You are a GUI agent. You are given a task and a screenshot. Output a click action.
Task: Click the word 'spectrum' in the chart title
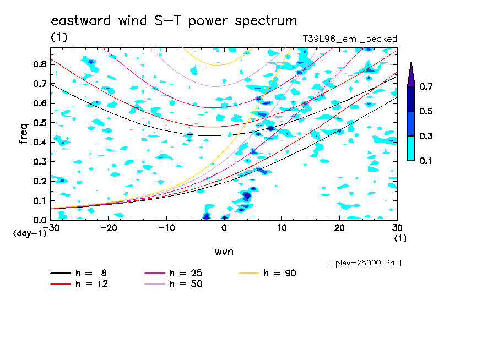[266, 21]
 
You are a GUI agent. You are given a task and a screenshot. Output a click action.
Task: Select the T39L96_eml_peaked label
[350, 39]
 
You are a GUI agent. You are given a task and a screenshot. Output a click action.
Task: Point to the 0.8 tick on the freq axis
[40, 64]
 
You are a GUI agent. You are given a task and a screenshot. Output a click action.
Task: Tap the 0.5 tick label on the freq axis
[40, 123]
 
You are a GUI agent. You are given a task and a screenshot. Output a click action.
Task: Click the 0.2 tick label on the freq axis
[40, 181]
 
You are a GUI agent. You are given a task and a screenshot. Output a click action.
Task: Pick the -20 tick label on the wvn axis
[109, 228]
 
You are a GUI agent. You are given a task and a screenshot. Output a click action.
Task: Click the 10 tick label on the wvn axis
[282, 228]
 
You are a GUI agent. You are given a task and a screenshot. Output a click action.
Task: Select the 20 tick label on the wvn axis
[339, 228]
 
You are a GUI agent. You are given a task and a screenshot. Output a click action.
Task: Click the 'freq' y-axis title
[24, 134]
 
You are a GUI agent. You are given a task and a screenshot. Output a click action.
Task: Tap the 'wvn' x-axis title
[224, 252]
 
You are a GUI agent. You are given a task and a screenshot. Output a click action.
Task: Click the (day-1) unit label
[29, 233]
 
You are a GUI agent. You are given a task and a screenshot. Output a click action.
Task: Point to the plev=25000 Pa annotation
[365, 263]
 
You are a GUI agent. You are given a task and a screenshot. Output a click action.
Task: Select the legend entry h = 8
[78, 273]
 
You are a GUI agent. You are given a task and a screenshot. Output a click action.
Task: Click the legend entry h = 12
[79, 284]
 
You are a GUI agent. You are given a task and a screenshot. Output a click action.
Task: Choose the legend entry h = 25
[173, 273]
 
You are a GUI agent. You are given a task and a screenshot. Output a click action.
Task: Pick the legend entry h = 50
[173, 284]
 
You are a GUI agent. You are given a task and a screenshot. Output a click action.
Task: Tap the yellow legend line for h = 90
[248, 273]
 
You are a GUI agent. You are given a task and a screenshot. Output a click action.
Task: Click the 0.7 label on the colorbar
[426, 86]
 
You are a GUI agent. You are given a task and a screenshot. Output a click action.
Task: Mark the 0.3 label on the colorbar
[426, 136]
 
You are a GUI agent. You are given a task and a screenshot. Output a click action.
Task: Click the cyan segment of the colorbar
[411, 148]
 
